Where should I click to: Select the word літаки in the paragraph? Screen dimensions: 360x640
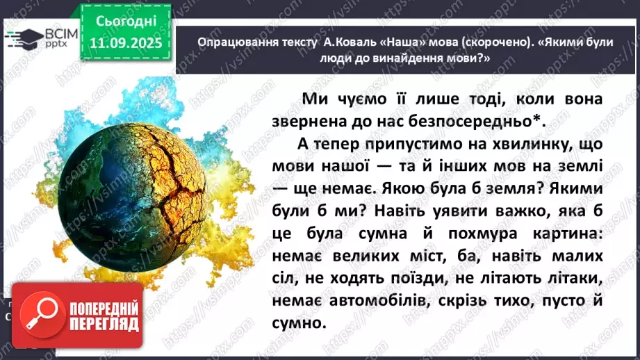(x=574, y=279)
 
